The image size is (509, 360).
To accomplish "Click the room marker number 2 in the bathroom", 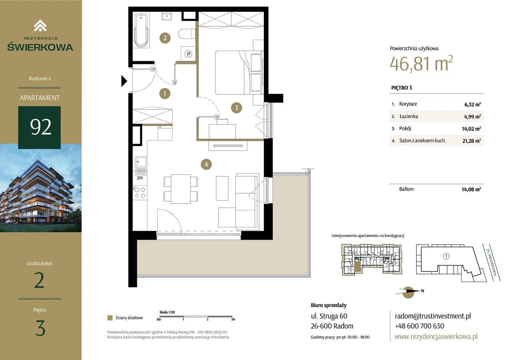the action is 165,38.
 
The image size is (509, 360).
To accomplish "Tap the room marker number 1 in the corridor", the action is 165,93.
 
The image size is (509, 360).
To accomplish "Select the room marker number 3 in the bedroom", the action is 236,108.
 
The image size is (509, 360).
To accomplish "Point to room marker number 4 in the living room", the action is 206,164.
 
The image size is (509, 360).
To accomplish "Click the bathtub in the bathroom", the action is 141,31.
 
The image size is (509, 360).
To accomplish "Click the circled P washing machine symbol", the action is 188,54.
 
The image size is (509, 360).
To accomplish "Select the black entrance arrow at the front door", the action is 124,81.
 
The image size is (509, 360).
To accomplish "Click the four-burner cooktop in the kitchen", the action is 140,192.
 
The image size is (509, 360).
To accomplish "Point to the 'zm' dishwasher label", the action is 140,178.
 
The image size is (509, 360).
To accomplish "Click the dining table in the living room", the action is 181,189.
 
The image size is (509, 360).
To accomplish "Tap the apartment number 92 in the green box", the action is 41,127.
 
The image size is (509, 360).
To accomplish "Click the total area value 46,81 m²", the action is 421,63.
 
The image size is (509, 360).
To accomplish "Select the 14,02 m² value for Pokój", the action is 471,129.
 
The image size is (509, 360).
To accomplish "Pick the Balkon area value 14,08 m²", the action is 471,189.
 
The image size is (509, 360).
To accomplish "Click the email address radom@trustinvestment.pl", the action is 433,316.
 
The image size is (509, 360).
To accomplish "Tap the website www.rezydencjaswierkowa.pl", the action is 436,336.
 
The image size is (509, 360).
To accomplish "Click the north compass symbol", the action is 408,292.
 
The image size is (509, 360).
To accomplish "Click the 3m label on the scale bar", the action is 233,319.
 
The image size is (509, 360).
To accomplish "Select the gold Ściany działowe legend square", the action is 110,318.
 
